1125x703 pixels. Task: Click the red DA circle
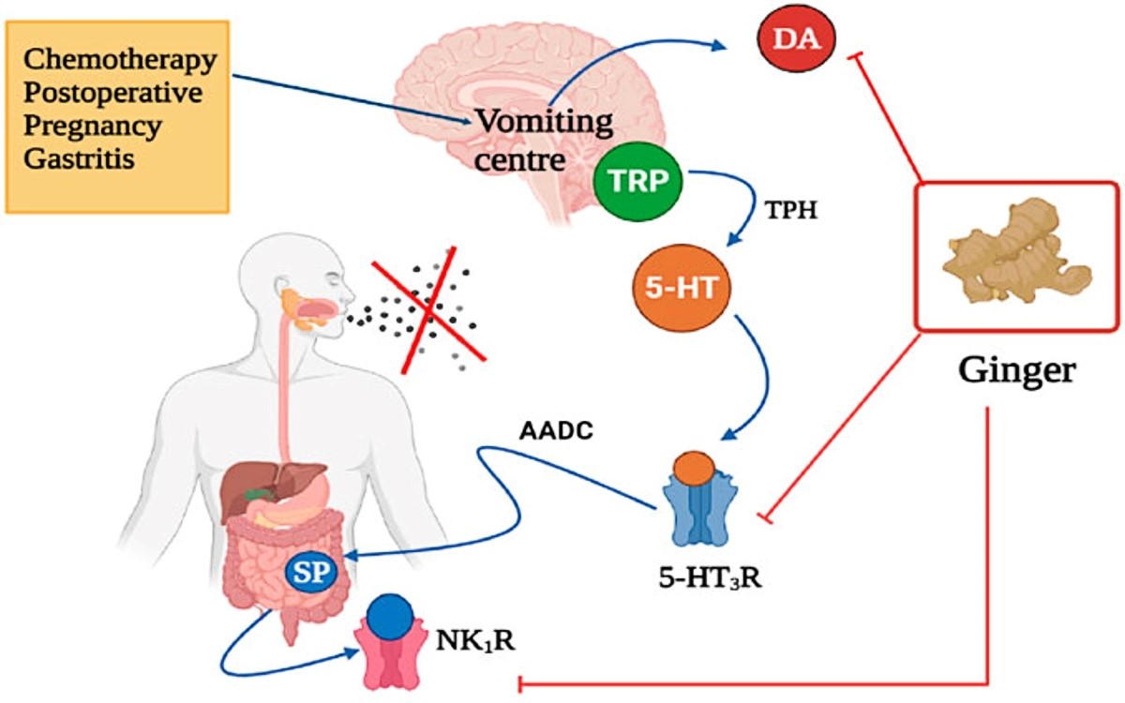click(x=796, y=39)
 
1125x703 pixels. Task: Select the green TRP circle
click(x=637, y=181)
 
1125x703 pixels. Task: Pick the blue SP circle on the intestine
click(x=311, y=573)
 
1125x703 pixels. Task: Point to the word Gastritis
click(x=79, y=159)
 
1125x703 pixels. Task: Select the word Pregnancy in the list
click(x=93, y=127)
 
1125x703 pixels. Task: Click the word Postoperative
click(x=113, y=93)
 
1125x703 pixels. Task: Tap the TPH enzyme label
click(x=791, y=210)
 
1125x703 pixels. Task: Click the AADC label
click(x=557, y=431)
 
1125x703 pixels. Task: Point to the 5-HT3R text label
click(x=711, y=578)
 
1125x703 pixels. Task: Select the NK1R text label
click(x=475, y=641)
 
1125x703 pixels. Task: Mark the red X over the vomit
click(x=427, y=311)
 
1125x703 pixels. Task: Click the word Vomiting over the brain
click(x=545, y=122)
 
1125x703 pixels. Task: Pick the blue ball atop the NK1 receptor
click(x=390, y=618)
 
